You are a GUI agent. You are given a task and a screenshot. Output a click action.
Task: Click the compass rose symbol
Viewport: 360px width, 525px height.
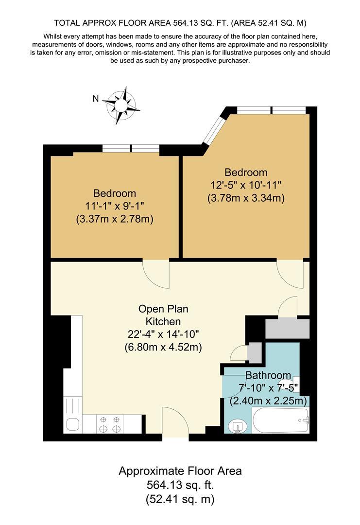pyautogui.click(x=121, y=105)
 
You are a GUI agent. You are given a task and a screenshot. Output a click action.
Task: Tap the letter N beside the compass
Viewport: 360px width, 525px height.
pyautogui.click(x=96, y=99)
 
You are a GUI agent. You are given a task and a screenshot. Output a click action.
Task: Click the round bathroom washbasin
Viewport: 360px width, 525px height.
pyautogui.click(x=238, y=426)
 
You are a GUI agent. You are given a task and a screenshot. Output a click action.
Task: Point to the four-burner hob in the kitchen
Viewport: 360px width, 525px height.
pyautogui.click(x=110, y=423)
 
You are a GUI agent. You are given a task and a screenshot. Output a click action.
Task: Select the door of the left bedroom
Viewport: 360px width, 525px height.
pyautogui.click(x=156, y=272)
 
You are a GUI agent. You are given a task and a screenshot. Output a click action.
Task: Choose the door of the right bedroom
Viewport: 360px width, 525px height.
pyautogui.click(x=290, y=272)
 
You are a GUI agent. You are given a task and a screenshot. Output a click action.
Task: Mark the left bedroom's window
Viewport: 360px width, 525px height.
pyautogui.click(x=131, y=149)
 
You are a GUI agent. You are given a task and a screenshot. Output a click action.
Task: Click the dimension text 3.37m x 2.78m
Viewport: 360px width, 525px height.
pyautogui.click(x=115, y=219)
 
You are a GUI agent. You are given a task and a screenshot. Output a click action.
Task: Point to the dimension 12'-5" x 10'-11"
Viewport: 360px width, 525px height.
pyautogui.click(x=246, y=185)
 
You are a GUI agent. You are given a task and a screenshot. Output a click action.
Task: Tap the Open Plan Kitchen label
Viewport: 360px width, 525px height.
pyautogui.click(x=163, y=315)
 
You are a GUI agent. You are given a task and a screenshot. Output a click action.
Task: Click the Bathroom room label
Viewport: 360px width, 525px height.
pyautogui.click(x=268, y=375)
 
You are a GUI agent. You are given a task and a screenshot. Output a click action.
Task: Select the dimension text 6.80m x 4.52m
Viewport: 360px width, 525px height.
pyautogui.click(x=163, y=347)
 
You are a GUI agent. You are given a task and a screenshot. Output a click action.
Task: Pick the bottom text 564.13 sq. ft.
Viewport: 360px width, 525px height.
pyautogui.click(x=180, y=485)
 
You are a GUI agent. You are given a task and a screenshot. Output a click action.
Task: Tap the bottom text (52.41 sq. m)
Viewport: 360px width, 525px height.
pyautogui.click(x=180, y=499)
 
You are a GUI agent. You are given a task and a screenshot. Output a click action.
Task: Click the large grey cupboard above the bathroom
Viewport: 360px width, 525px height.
pyautogui.click(x=287, y=329)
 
